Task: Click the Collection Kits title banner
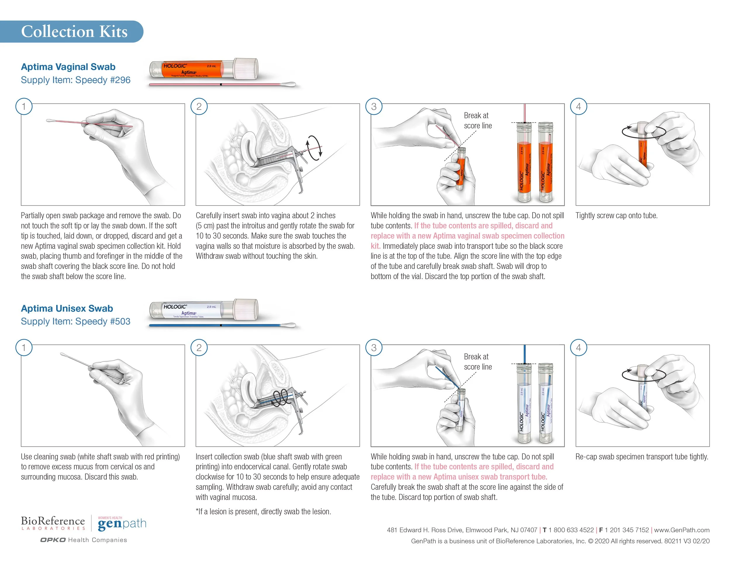click(74, 32)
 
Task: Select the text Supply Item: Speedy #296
click(75, 80)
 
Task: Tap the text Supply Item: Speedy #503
click(75, 321)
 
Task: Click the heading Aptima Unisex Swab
click(67, 308)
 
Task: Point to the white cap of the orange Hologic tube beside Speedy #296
click(246, 69)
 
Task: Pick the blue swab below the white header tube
click(222, 325)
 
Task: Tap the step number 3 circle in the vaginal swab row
click(374, 106)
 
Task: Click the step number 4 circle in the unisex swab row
click(578, 348)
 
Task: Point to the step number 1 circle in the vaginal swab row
click(24, 106)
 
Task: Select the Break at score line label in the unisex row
click(477, 361)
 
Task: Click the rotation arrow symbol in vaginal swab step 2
click(315, 147)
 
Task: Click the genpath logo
click(122, 523)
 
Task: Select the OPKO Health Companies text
click(84, 540)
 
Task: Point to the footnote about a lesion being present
click(263, 511)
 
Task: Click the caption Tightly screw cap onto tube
click(616, 216)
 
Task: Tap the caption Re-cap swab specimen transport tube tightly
click(642, 457)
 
